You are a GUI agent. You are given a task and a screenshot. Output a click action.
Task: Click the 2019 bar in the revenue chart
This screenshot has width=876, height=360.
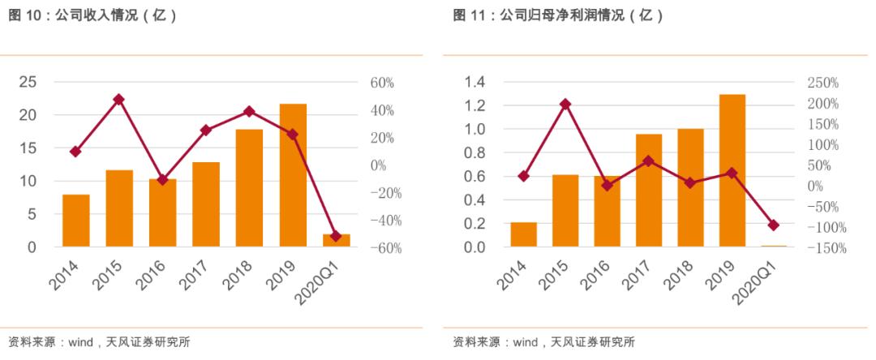293,175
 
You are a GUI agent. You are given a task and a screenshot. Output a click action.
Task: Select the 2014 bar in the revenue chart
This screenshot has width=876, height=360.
75,221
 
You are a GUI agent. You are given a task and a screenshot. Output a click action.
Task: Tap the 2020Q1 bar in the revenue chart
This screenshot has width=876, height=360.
336,240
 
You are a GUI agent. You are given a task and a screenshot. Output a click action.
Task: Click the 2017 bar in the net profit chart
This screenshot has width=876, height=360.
649,190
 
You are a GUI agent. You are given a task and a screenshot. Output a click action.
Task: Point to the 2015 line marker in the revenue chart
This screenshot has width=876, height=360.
119,99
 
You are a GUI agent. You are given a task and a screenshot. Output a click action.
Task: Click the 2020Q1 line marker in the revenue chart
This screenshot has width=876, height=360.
336,236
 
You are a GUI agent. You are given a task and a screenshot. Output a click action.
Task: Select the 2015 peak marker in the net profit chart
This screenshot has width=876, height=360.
565,104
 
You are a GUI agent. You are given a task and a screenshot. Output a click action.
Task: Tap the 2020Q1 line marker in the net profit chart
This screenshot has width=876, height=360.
774,225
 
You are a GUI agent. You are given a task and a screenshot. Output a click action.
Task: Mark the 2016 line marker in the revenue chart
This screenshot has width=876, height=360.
162,179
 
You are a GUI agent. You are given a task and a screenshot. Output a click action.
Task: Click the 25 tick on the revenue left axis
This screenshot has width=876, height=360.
28,82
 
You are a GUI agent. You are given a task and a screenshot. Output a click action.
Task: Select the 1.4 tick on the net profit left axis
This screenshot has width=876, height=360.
474,82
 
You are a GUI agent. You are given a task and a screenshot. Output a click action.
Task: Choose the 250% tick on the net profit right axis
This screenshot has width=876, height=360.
822,83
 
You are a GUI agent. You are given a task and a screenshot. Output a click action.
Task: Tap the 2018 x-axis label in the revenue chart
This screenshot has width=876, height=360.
241,274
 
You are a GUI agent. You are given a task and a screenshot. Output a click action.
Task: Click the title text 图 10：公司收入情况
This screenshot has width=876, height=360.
93,15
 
